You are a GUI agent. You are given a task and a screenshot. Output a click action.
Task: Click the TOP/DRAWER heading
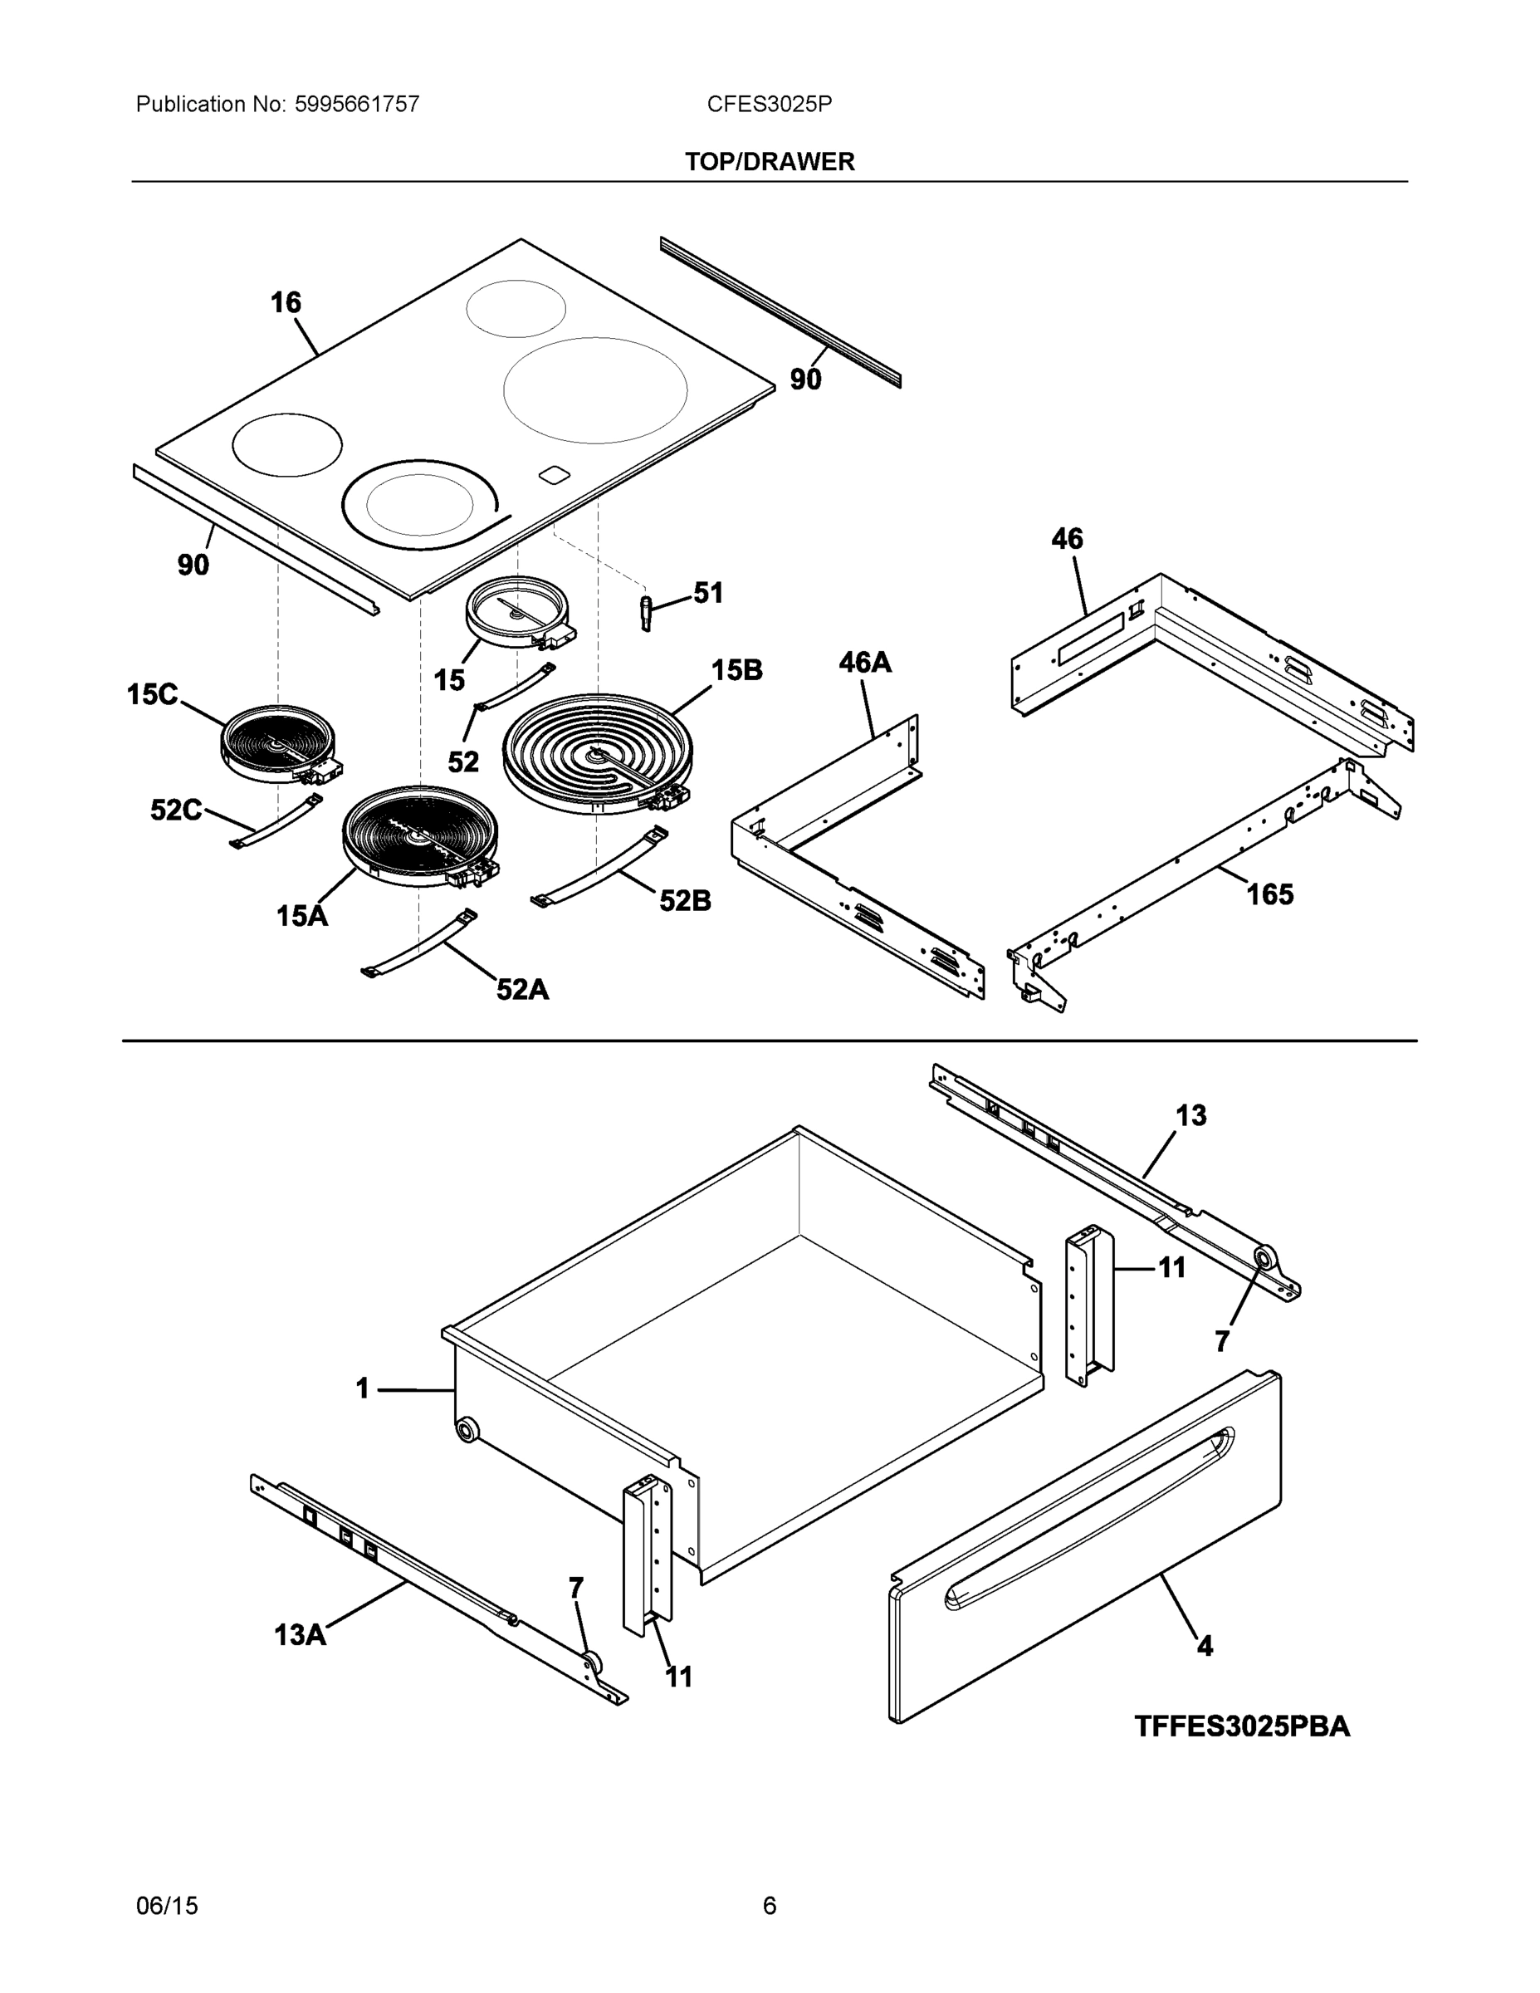point(769,162)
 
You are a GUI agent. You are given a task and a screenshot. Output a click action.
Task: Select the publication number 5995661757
point(357,104)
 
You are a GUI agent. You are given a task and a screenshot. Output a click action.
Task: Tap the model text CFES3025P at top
point(769,104)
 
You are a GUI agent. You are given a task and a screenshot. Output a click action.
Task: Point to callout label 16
point(286,303)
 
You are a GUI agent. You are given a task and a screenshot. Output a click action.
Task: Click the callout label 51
point(708,593)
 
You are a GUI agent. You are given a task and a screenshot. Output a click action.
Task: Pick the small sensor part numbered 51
point(647,612)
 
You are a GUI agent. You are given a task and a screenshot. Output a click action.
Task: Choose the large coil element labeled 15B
point(598,753)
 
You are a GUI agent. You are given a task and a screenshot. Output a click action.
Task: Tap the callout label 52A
point(522,989)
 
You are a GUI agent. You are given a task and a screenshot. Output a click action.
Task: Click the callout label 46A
point(865,663)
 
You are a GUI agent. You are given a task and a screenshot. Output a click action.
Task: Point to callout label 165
point(1269,894)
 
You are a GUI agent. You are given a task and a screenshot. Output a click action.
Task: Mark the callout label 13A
point(301,1634)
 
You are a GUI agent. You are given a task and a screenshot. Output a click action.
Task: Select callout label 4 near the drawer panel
point(1205,1646)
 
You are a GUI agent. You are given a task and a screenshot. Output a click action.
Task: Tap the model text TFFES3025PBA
point(1242,1726)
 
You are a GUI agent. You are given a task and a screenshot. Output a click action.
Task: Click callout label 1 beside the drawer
point(362,1389)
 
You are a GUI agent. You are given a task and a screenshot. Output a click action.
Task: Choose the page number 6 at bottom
point(769,1906)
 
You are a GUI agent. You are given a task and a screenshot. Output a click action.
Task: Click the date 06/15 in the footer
point(167,1906)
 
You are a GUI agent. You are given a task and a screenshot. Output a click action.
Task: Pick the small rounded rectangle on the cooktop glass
point(554,473)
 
